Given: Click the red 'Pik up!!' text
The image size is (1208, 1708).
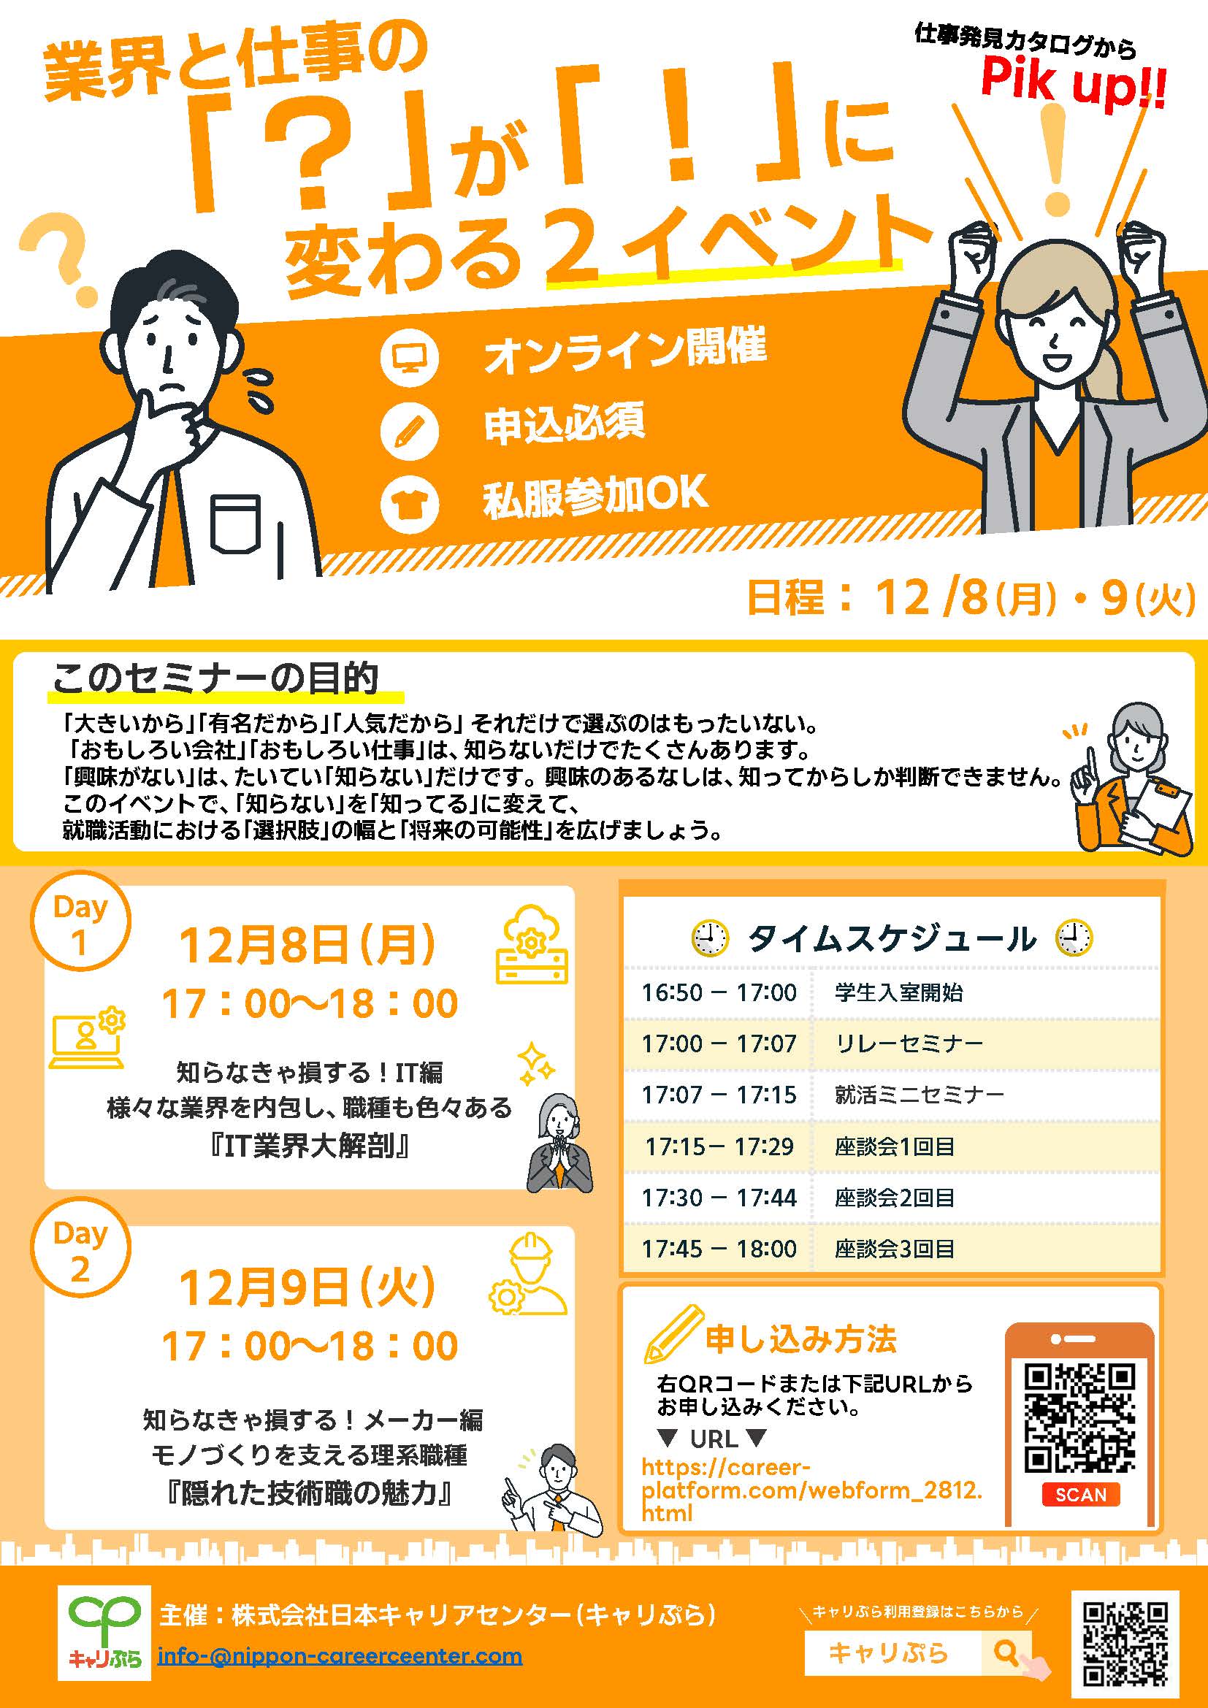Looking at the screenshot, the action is [1073, 83].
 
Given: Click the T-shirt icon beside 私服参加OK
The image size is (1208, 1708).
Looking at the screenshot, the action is [409, 504].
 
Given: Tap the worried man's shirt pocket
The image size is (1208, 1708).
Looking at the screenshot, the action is [235, 524].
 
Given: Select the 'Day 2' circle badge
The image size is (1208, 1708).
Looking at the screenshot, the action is [80, 1249].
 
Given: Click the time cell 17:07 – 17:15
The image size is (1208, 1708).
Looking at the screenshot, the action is [719, 1095].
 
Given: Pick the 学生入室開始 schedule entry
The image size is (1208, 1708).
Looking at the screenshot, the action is [898, 992].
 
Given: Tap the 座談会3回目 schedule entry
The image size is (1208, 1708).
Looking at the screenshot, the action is [894, 1249].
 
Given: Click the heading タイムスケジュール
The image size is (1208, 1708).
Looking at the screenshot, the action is [891, 939].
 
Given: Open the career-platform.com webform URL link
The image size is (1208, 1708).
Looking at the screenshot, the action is [811, 1490].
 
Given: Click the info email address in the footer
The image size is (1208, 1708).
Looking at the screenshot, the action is [339, 1656].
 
